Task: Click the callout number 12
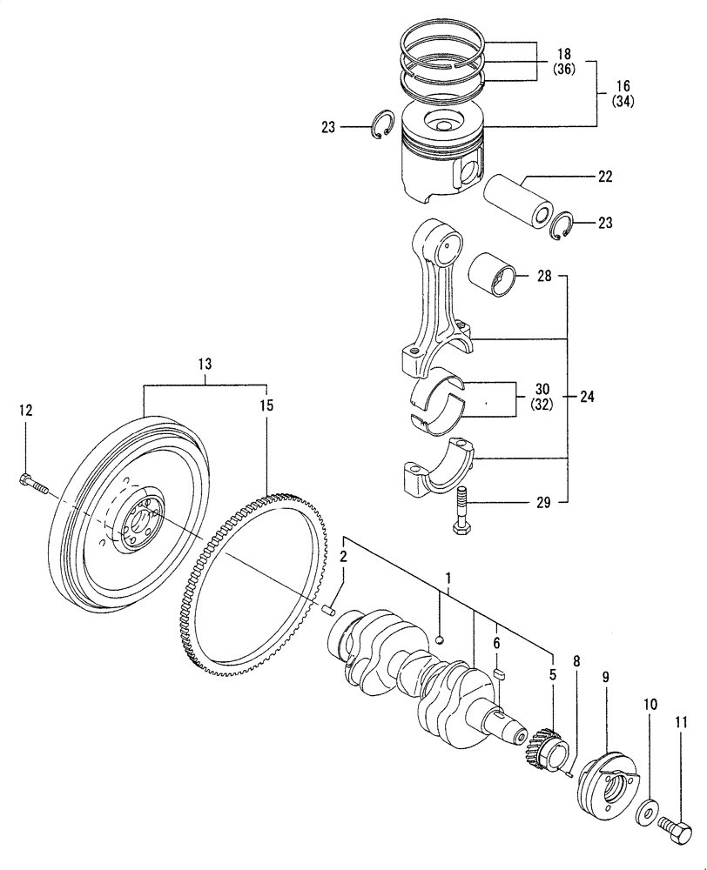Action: [25, 409]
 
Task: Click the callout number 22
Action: [604, 177]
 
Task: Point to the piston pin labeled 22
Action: [521, 199]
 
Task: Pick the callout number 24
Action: [588, 397]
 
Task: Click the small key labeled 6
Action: [499, 673]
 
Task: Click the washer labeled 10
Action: [646, 812]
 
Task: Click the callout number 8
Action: [576, 661]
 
